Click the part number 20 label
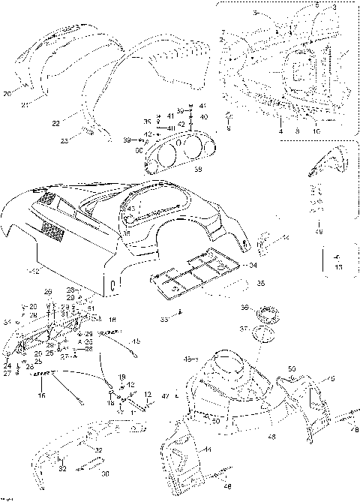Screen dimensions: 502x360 pos(7,94)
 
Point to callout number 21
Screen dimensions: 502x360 pos(25,104)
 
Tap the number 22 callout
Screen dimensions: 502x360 pos(55,122)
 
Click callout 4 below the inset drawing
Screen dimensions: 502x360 pos(280,131)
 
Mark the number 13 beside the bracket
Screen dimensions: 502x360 pos(338,266)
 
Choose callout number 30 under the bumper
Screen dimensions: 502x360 pos(105,473)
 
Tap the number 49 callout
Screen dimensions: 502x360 pos(320,232)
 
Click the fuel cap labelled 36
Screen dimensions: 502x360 pos(263,312)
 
